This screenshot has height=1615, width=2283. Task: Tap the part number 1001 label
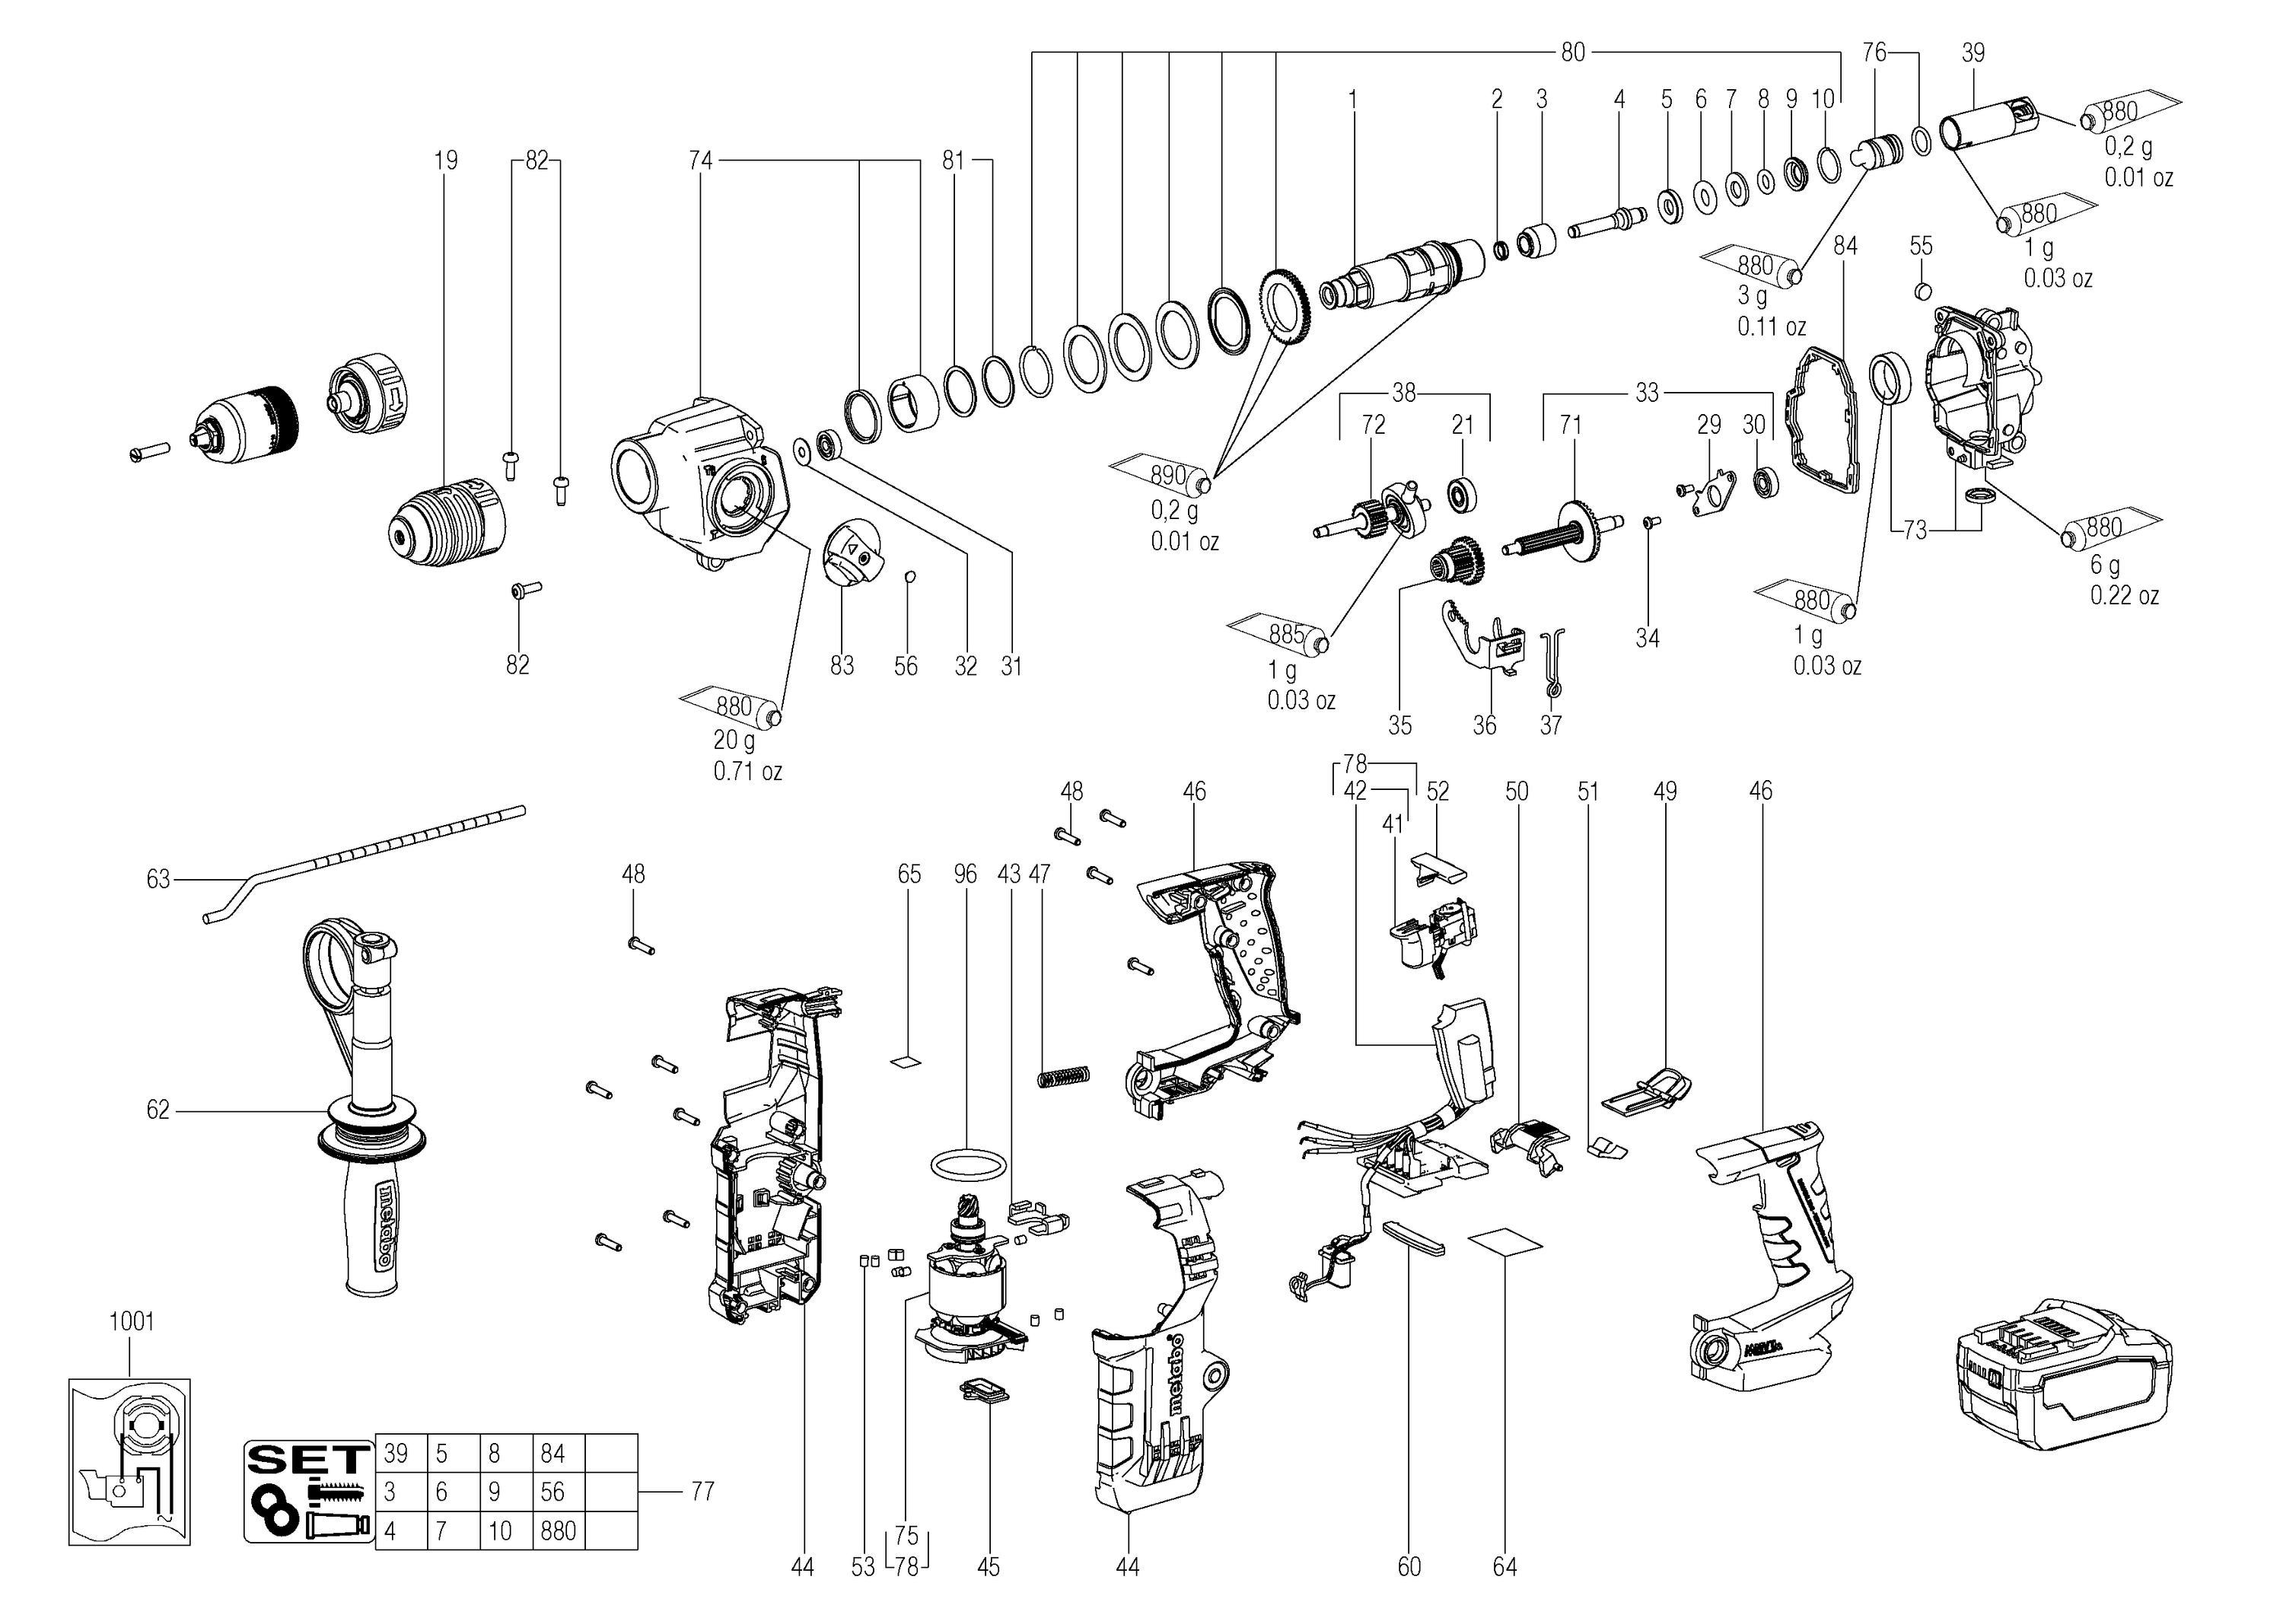pos(131,1322)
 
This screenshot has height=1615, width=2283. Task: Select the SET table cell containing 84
pos(557,1454)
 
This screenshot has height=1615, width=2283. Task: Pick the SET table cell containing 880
pos(557,1531)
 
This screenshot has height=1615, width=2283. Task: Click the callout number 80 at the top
pos(1572,52)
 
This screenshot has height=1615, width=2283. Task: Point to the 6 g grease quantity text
pos(2104,565)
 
